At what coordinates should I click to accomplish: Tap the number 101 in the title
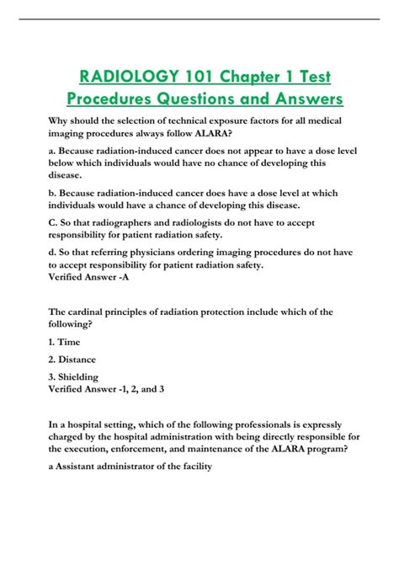194,78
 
